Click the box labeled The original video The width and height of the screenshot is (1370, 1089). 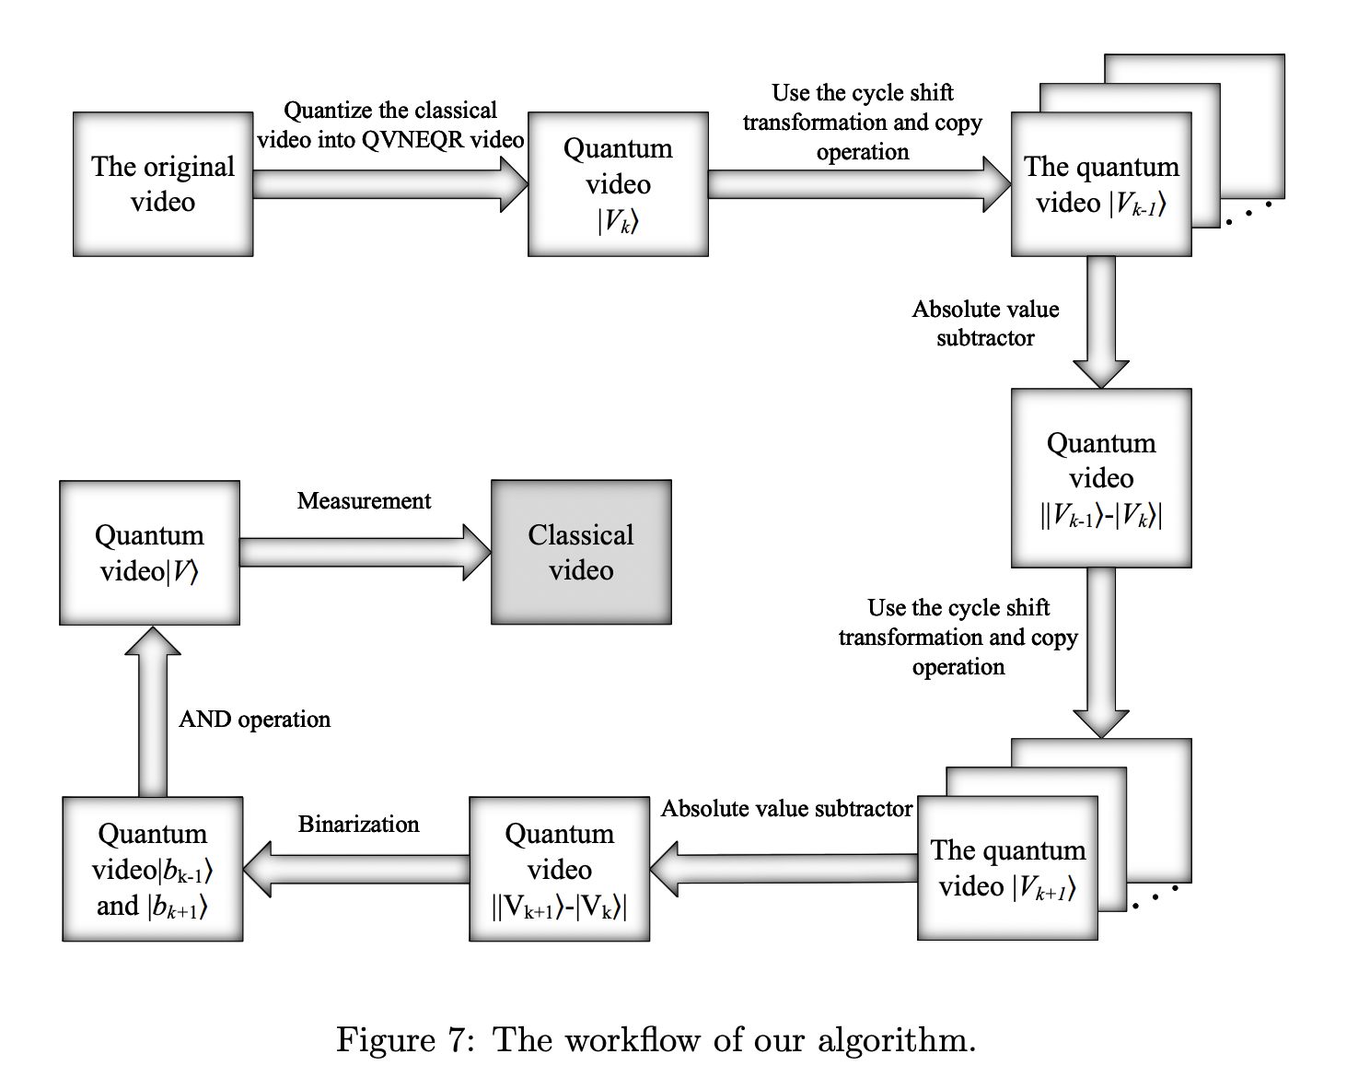pyautogui.click(x=163, y=184)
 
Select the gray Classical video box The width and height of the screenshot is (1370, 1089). pyautogui.click(x=581, y=552)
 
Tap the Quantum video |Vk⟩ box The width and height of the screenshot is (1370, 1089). pyautogui.click(x=618, y=184)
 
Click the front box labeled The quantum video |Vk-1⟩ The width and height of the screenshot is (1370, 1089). pyautogui.click(x=1101, y=184)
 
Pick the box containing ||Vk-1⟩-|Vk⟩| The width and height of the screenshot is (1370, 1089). pyautogui.click(x=1101, y=477)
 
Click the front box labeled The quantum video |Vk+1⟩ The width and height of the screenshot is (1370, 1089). pyautogui.click(x=1007, y=868)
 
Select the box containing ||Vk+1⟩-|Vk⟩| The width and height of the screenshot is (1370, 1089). pyautogui.click(x=559, y=869)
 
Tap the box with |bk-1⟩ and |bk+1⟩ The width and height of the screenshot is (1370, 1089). pyautogui.click(x=153, y=869)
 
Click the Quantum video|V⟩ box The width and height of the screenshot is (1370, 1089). pyautogui.click(x=149, y=553)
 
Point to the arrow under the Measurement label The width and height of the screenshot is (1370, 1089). pyautogui.click(x=365, y=552)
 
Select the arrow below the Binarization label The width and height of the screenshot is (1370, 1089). pyautogui.click(x=356, y=869)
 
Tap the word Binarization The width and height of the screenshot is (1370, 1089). pyautogui.click(x=358, y=824)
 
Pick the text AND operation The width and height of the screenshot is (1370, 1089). pyautogui.click(x=254, y=720)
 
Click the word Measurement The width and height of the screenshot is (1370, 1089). pyautogui.click(x=364, y=500)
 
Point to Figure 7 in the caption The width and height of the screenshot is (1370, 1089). pyautogui.click(x=405, y=1039)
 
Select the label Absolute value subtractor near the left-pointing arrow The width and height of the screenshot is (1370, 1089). pyautogui.click(x=786, y=808)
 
